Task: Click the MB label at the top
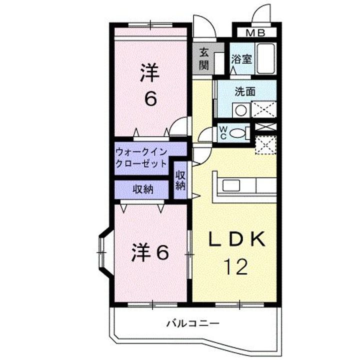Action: (x=255, y=33)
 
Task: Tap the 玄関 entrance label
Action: (x=203, y=59)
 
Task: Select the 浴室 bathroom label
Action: (x=241, y=58)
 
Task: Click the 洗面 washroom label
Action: (x=246, y=91)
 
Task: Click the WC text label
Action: (x=223, y=133)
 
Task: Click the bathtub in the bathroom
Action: (x=267, y=58)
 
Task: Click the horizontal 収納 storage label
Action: (x=143, y=189)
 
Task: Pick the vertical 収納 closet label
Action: (x=180, y=180)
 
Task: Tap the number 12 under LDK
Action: (x=235, y=267)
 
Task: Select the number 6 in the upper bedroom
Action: (x=150, y=98)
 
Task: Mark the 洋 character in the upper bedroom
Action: (x=149, y=73)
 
